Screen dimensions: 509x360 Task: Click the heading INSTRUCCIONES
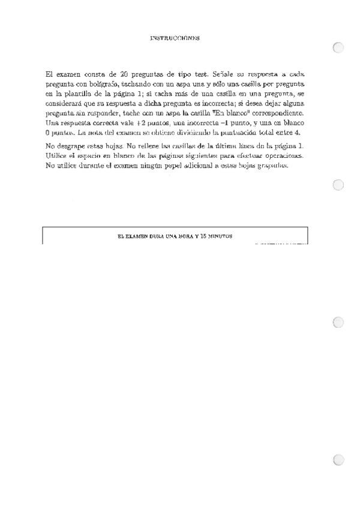[175, 38]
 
